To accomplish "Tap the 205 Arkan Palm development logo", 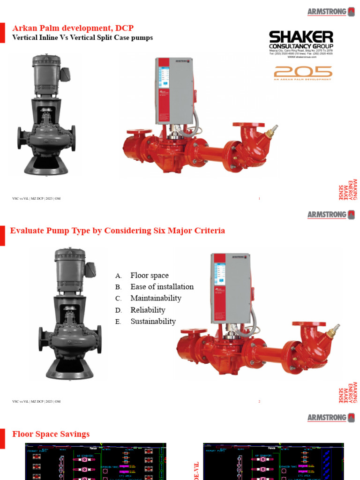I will pyautogui.click(x=303, y=73).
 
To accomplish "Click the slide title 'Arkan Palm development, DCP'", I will pyautogui.click(x=73, y=28).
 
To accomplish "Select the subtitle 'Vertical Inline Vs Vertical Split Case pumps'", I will pyautogui.click(x=82, y=37).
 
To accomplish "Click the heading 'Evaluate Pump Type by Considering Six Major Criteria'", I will pyautogui.click(x=118, y=231).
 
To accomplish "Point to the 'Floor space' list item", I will pyautogui.click(x=149, y=275).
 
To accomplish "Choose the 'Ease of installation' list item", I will pyautogui.click(x=162, y=286).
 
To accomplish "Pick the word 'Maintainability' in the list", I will pyautogui.click(x=156, y=298).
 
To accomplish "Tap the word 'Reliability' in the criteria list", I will pyautogui.click(x=148, y=310).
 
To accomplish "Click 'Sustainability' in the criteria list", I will pyautogui.click(x=153, y=321).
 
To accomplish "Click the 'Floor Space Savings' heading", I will pyautogui.click(x=51, y=434).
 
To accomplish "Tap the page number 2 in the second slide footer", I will pyautogui.click(x=259, y=402).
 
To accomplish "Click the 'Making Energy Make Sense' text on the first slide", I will pyautogui.click(x=348, y=189).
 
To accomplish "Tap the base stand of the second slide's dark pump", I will pyautogui.click(x=69, y=366).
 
